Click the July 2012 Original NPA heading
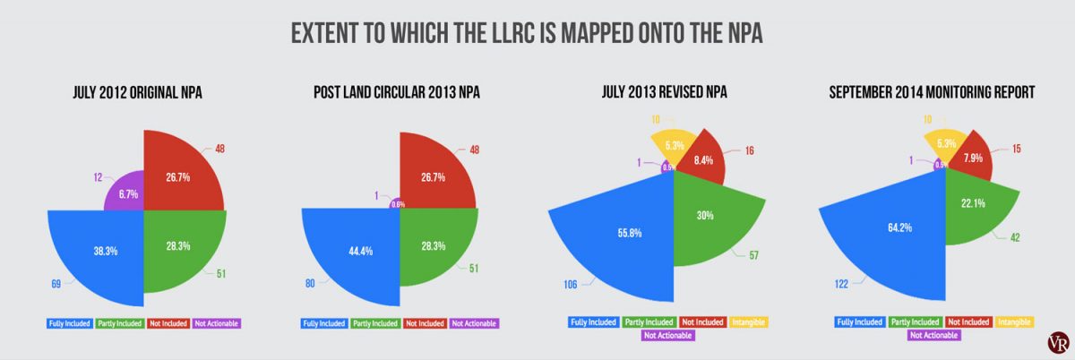coord(143,92)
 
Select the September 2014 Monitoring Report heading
coord(932,92)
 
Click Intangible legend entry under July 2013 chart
coord(749,321)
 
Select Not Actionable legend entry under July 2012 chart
coord(219,322)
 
